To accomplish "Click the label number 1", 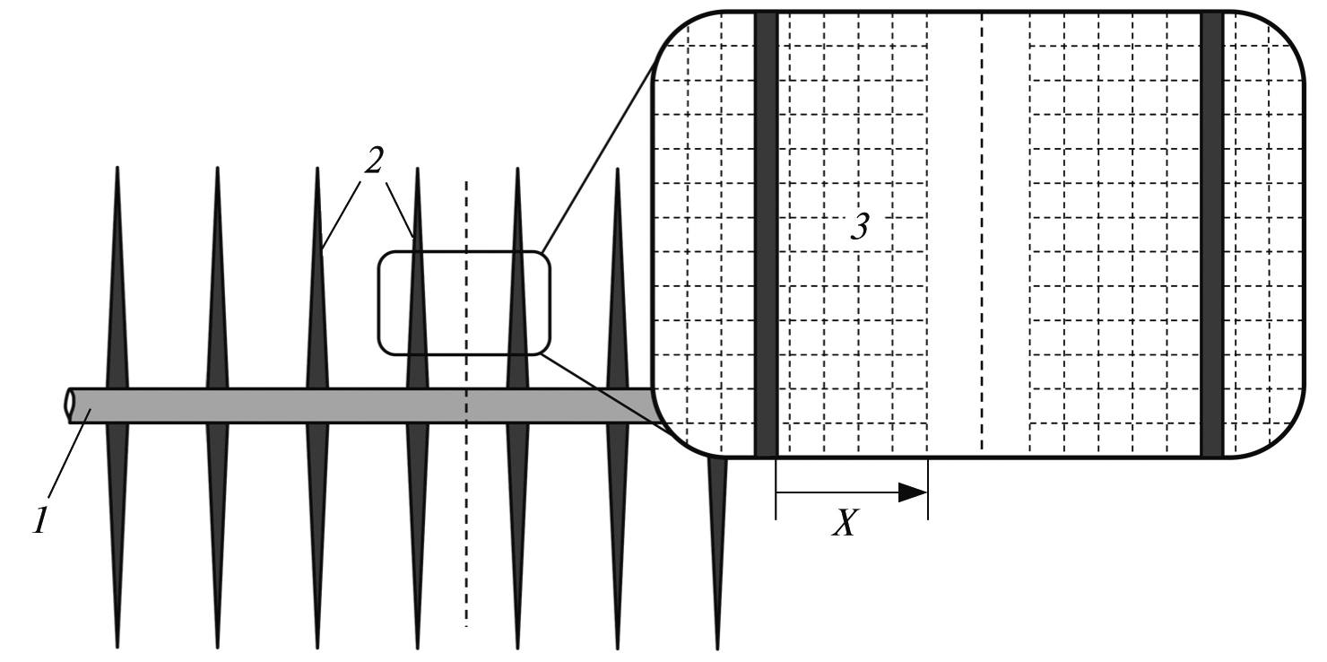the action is pyautogui.click(x=40, y=521).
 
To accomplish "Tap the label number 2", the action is pyautogui.click(x=373, y=160).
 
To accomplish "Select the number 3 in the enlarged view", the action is pyautogui.click(x=860, y=226).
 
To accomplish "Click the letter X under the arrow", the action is pyautogui.click(x=846, y=522).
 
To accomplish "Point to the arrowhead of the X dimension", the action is pyautogui.click(x=913, y=492).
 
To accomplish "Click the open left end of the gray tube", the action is pyautogui.click(x=69, y=405).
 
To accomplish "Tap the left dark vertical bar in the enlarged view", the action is pyautogui.click(x=766, y=234).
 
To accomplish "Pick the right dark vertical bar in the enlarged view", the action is pyautogui.click(x=1212, y=234).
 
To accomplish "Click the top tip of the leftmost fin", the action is pyautogui.click(x=117, y=167).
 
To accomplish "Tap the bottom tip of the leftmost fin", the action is pyautogui.click(x=117, y=648).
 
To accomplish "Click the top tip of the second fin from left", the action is pyautogui.click(x=217, y=167).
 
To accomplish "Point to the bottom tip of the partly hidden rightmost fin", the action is pyautogui.click(x=717, y=648).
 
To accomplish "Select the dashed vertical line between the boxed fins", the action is pyautogui.click(x=466, y=403).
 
